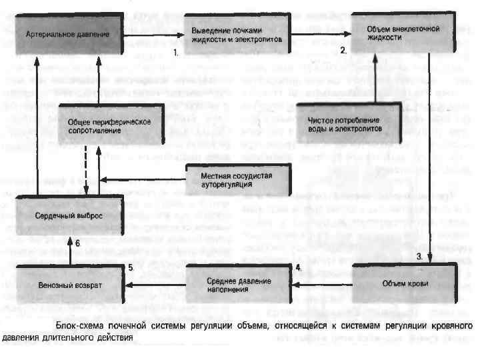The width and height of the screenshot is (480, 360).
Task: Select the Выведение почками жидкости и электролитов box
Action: click(237, 34)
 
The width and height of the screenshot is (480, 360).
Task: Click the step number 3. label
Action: click(420, 256)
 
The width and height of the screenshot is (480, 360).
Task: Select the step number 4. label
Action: click(298, 267)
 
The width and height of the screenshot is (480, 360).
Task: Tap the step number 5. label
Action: click(131, 267)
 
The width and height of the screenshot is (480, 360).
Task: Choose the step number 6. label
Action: click(77, 243)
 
